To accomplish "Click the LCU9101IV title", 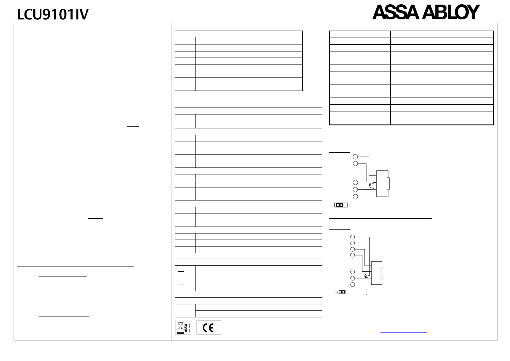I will coord(53,15).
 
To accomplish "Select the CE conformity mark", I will coord(209,328).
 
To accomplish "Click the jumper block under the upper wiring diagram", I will coord(341,205).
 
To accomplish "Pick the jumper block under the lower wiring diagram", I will coord(340,292).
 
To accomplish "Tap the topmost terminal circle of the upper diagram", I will coord(356,157).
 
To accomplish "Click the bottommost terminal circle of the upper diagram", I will coord(356,197).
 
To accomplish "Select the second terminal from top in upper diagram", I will coord(356,164).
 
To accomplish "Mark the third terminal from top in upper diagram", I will coord(356,182).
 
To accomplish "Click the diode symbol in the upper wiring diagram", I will coord(370,184).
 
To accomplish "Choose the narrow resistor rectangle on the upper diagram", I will coord(388,184).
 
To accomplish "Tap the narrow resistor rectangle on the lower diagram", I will coord(382,273).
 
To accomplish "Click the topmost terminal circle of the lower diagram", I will coord(352,237).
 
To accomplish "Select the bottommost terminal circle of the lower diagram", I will coord(352,284).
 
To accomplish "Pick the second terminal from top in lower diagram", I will coord(352,243).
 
